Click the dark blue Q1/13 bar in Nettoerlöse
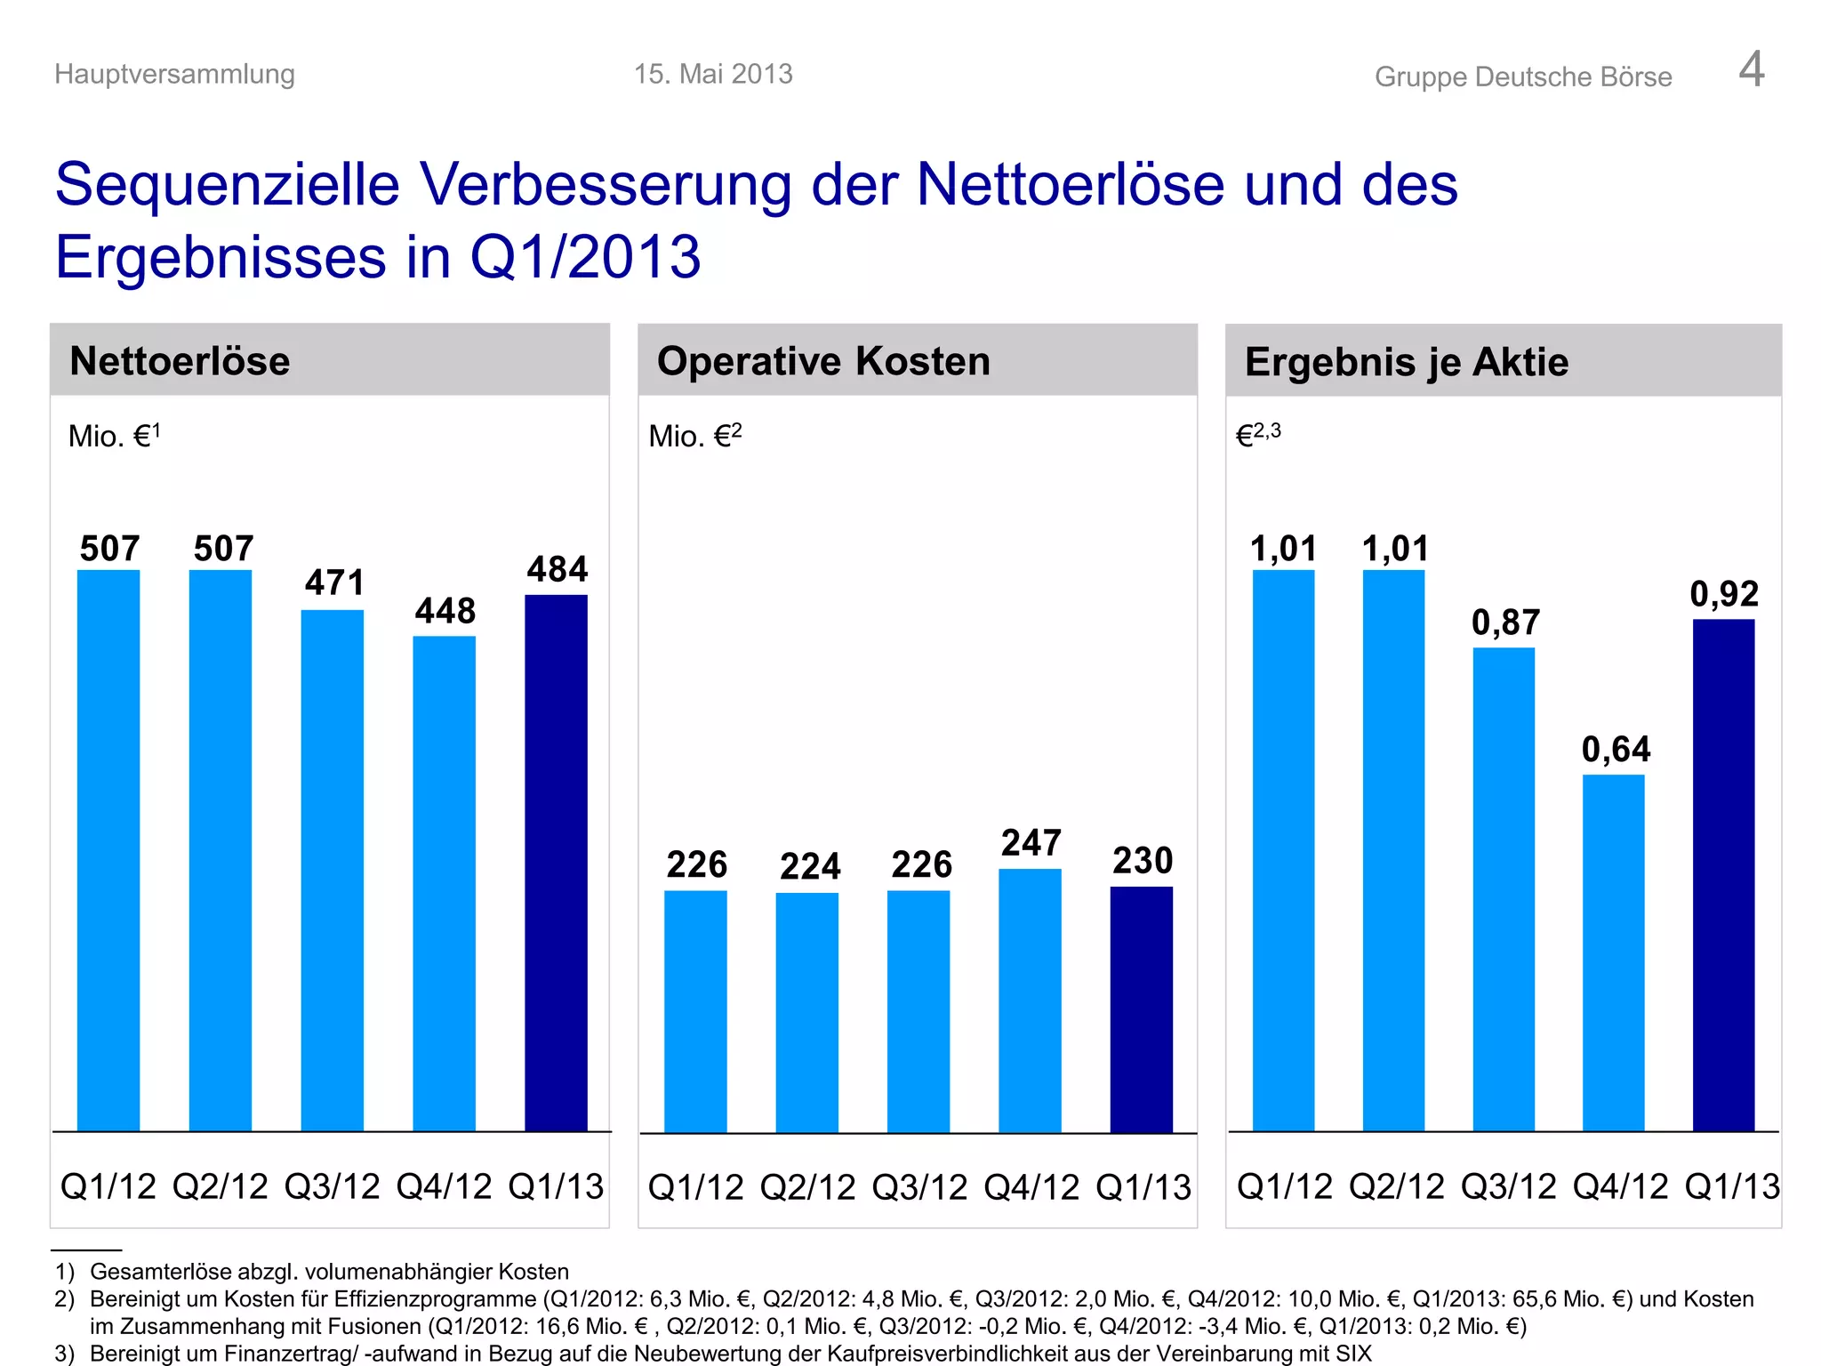pyautogui.click(x=556, y=863)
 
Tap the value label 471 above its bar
pyautogui.click(x=334, y=583)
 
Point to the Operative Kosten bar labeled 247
pyautogui.click(x=1030, y=1000)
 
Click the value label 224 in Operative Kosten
pyautogui.click(x=809, y=866)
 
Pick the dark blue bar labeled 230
pyautogui.click(x=1141, y=1009)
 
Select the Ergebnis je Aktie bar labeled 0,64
pyautogui.click(x=1613, y=952)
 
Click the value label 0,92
pyautogui.click(x=1723, y=594)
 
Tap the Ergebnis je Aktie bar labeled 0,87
pyautogui.click(x=1504, y=889)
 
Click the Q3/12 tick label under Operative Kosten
pyautogui.click(x=919, y=1187)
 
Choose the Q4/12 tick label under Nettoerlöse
pyautogui.click(x=444, y=1186)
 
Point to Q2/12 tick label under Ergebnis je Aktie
pyautogui.click(x=1396, y=1186)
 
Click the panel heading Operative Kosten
pyautogui.click(x=823, y=361)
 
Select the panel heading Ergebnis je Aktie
pyautogui.click(x=1406, y=362)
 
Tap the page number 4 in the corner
pyautogui.click(x=1751, y=69)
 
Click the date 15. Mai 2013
pyautogui.click(x=713, y=74)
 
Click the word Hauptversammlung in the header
pyautogui.click(x=174, y=74)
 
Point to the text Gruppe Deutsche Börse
pyautogui.click(x=1522, y=77)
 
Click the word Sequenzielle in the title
pyautogui.click(x=227, y=185)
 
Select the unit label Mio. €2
pyautogui.click(x=694, y=436)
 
